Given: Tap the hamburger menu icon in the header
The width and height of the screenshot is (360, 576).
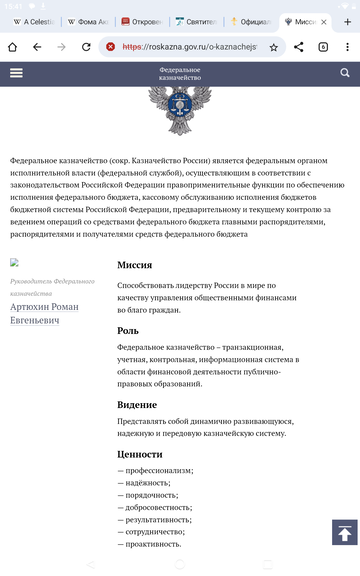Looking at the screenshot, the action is (16, 73).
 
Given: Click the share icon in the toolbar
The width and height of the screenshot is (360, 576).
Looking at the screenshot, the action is (299, 47).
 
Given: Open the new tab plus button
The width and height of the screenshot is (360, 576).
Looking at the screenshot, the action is (348, 21).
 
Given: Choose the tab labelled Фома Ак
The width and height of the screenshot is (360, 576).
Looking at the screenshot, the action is (88, 21).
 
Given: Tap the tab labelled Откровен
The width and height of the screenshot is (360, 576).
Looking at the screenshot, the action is (143, 21).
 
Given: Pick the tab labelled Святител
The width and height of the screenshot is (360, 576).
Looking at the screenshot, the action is (197, 21).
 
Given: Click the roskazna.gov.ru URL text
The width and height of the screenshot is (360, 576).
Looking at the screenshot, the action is (190, 47).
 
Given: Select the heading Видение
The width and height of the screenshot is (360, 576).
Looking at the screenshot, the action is (137, 404).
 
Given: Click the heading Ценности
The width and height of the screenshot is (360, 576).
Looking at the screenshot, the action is (139, 454).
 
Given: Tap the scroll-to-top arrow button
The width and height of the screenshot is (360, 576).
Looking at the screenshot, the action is (343, 533).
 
